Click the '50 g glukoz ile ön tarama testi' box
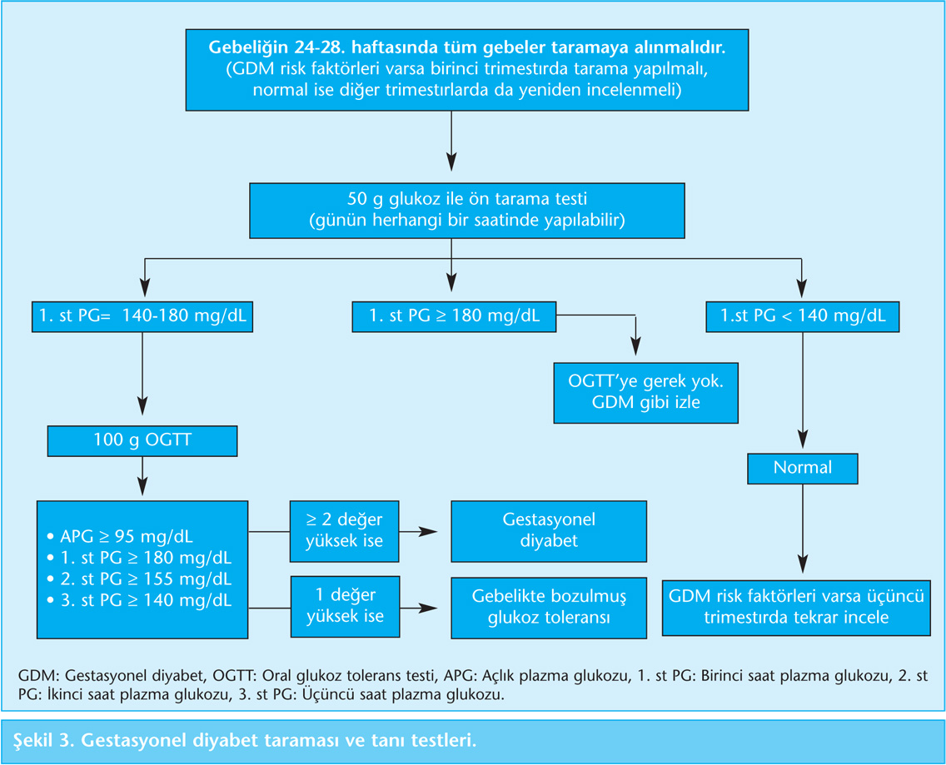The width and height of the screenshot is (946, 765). point(467,211)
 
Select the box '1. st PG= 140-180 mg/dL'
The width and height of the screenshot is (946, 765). point(142,316)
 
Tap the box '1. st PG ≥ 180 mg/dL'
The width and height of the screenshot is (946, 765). point(454,316)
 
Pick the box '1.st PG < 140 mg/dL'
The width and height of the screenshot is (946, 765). point(803,316)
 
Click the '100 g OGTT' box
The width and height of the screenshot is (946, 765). point(142,440)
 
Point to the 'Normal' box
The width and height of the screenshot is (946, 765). point(803,468)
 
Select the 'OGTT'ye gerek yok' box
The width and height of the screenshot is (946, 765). point(645,392)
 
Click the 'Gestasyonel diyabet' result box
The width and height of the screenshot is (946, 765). point(549,531)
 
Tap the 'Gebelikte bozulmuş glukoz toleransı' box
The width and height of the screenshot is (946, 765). point(549,608)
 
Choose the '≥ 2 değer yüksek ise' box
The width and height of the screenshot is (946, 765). point(345,531)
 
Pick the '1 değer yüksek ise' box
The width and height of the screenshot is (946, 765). point(345,606)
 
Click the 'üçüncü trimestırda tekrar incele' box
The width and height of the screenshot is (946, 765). point(796,608)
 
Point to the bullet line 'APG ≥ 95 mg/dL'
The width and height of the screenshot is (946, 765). point(120,536)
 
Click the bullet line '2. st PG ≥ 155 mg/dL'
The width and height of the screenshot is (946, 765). point(139,579)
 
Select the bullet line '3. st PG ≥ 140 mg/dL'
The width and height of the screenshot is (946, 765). point(139,600)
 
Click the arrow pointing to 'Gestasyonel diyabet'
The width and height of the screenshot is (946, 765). point(417,532)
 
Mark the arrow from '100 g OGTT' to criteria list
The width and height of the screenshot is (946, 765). point(142,476)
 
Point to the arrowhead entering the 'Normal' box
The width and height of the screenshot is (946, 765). point(803,439)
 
